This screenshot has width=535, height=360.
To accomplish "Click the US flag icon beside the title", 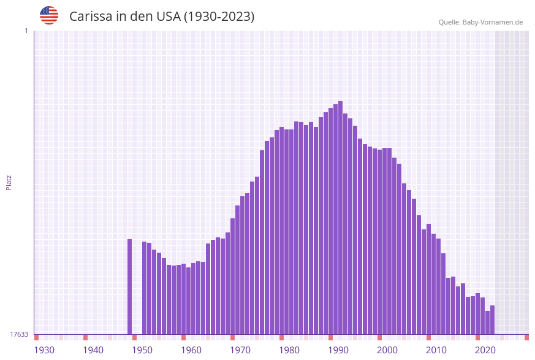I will point(49,15).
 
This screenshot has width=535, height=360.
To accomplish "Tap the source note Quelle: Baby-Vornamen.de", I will point(480,22).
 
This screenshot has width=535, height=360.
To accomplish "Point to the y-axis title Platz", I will point(9,182).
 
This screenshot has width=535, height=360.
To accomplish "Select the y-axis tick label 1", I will point(26,31).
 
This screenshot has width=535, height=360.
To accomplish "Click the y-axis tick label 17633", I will point(19,334).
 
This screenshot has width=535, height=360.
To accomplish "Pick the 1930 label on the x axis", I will point(44,350).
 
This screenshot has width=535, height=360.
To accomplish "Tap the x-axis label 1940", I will point(93,350).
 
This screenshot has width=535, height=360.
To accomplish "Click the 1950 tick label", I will point(142,350).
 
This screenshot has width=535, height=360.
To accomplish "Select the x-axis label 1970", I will point(240,350).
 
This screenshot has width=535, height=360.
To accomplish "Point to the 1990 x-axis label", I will point(338,350).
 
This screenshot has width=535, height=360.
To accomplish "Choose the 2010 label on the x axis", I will point(436,350).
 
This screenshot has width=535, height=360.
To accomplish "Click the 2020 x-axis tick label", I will point(485,350).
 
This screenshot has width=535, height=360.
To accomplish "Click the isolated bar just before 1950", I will point(130,286).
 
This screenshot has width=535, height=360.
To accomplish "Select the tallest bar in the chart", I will point(340,218).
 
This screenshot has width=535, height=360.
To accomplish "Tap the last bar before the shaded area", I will point(492,320).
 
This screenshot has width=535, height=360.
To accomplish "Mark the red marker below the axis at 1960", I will point(183,337).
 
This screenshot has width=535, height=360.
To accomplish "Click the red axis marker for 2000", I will point(379,337).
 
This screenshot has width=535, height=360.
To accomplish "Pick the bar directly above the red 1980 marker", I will point(281,231).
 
